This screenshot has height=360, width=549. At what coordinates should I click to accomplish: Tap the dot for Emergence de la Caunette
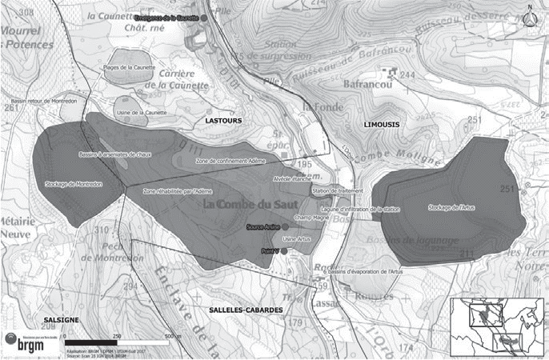204,18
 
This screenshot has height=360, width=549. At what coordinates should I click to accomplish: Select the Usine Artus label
297,240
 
